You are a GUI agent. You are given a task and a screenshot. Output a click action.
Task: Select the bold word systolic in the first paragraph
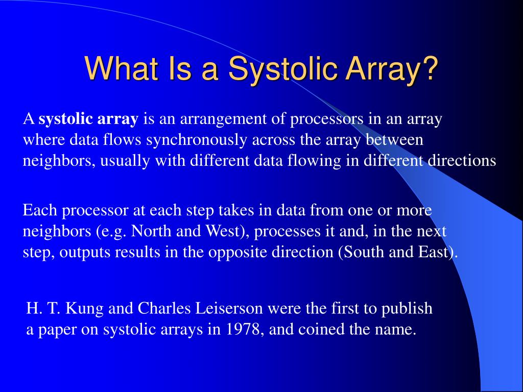(66, 119)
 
